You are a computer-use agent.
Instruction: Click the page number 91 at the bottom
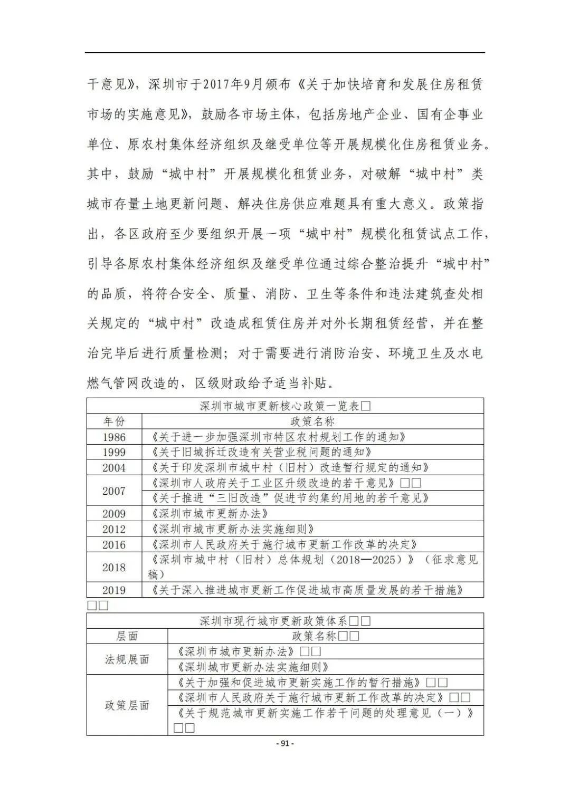click(x=285, y=743)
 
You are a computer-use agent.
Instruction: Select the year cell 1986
click(x=114, y=437)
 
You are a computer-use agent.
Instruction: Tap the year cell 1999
click(x=114, y=452)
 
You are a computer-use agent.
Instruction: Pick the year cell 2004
click(x=114, y=467)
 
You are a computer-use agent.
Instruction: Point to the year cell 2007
click(x=114, y=491)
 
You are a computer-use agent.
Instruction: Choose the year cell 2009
click(x=114, y=514)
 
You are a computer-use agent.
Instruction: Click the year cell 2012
click(x=114, y=529)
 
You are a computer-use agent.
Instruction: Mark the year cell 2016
click(x=114, y=544)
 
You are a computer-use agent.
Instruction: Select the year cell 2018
click(x=114, y=568)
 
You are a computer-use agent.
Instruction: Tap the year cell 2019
click(x=114, y=590)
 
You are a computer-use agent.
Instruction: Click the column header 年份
click(x=114, y=421)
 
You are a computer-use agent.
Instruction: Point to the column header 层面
click(x=127, y=636)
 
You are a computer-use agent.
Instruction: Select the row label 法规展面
click(x=127, y=659)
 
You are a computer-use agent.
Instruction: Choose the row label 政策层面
click(x=127, y=705)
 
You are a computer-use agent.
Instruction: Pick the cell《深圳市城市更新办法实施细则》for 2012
click(x=232, y=529)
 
